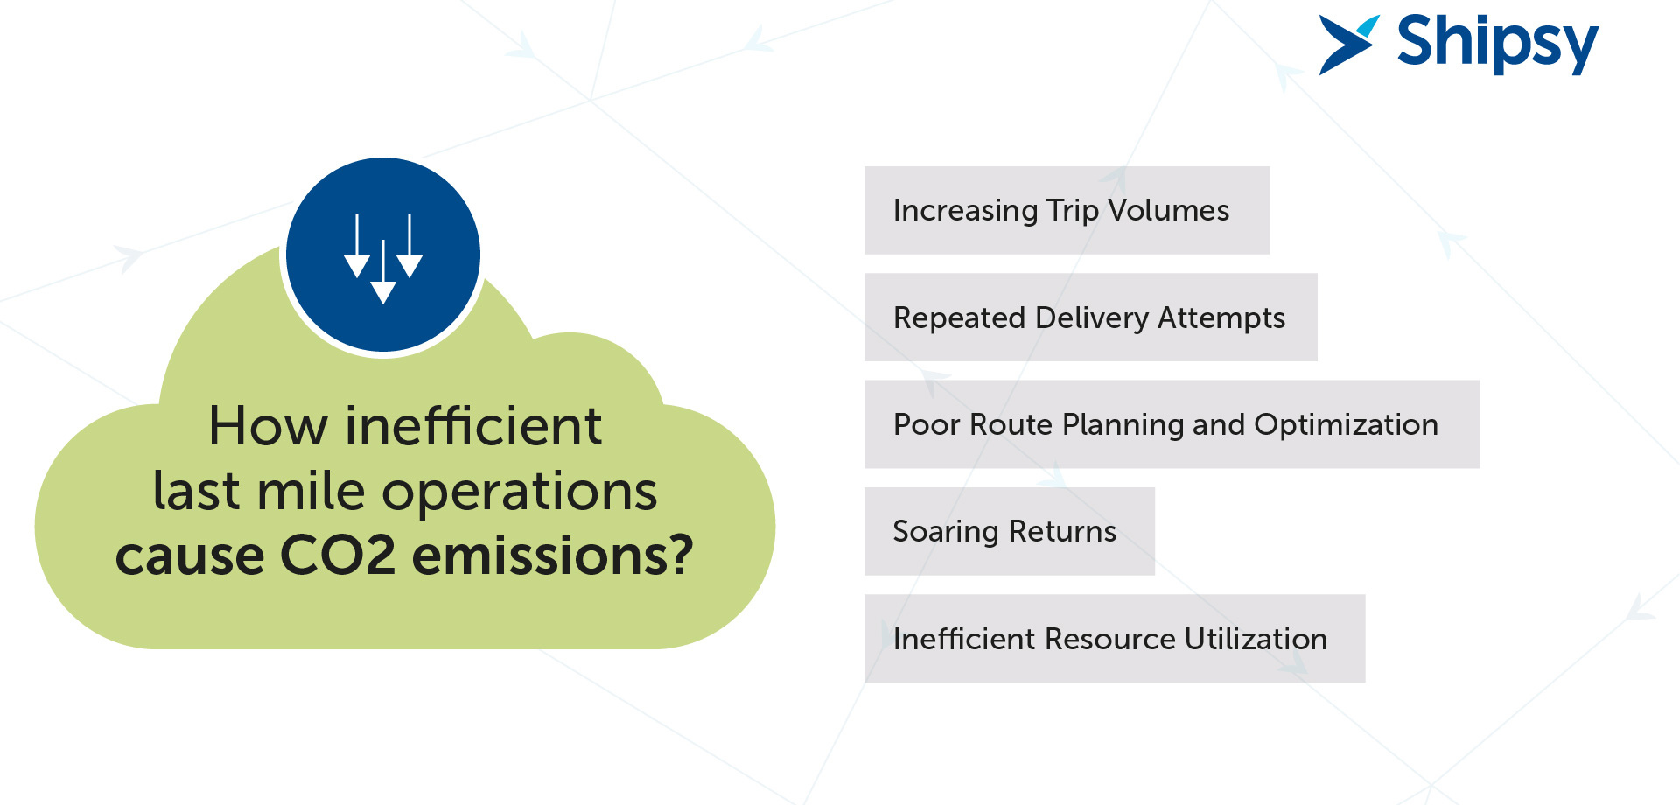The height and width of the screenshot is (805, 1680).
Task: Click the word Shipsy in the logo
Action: coord(1497,43)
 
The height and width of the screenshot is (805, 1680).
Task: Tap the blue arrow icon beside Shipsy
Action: coord(1348,44)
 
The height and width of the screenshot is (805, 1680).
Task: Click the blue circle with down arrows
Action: coord(383,255)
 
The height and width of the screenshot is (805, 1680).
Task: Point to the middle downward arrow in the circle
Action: coord(383,272)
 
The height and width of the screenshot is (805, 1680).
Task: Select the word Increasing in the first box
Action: coord(965,211)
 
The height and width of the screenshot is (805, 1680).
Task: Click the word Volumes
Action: coord(1168,210)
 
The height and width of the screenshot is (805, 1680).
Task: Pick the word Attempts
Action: coord(1221,318)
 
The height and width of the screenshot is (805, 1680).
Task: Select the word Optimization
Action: coord(1346,424)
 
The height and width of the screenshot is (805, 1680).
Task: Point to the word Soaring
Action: coord(946,532)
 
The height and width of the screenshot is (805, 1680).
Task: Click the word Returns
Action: coord(1062,531)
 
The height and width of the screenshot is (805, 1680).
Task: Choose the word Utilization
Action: coord(1256,639)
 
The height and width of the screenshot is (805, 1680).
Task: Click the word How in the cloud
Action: coord(268,426)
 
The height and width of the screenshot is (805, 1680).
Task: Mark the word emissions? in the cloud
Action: coord(553,555)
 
